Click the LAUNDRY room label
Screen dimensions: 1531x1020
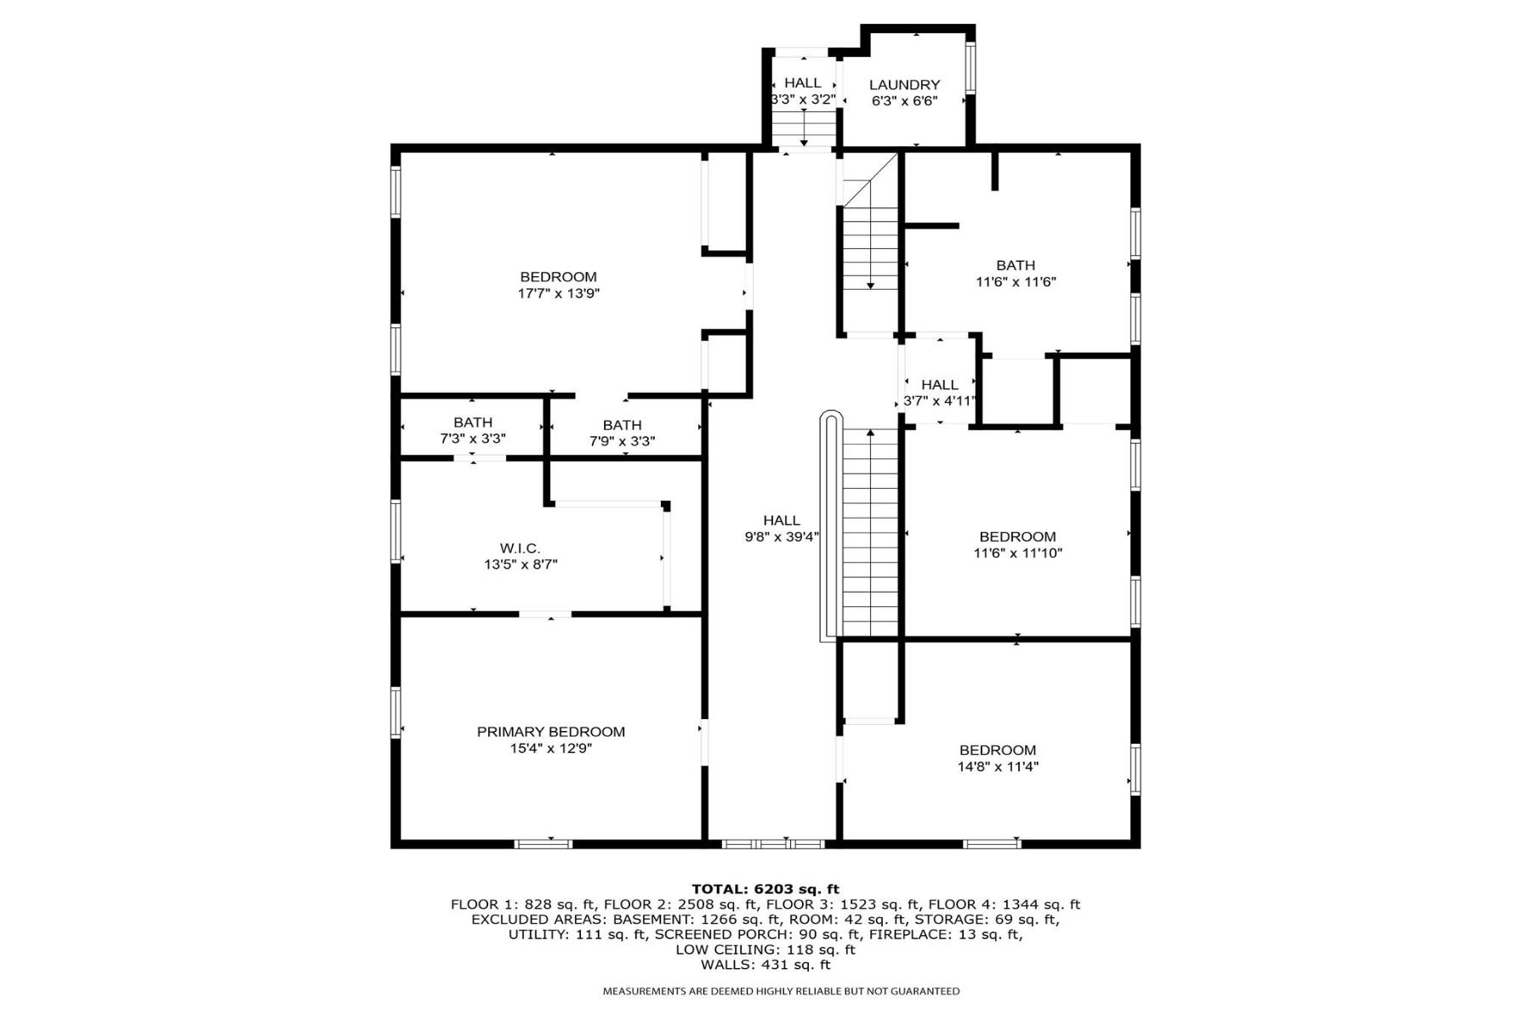click(904, 85)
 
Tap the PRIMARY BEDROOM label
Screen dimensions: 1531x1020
click(550, 732)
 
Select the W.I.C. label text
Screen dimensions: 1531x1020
click(520, 549)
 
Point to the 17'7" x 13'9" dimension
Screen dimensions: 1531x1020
click(559, 293)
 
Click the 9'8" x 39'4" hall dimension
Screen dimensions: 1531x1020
click(782, 536)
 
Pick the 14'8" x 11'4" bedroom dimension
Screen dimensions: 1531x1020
click(998, 766)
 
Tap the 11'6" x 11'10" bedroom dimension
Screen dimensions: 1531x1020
click(1018, 552)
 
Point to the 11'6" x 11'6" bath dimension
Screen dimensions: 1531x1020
click(1016, 281)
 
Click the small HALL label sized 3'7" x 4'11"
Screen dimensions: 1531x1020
click(940, 385)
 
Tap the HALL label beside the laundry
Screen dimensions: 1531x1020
click(803, 83)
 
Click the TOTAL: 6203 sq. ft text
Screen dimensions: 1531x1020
click(765, 889)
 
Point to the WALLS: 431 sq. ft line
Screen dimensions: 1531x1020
click(765, 965)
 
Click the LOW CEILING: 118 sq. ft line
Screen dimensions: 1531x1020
click(765, 949)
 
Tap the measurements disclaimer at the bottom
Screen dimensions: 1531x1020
click(781, 991)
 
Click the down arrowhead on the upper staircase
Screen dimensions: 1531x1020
click(870, 286)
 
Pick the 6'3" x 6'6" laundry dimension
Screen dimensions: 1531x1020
click(904, 101)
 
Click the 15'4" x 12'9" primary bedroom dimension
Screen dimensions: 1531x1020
click(550, 749)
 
